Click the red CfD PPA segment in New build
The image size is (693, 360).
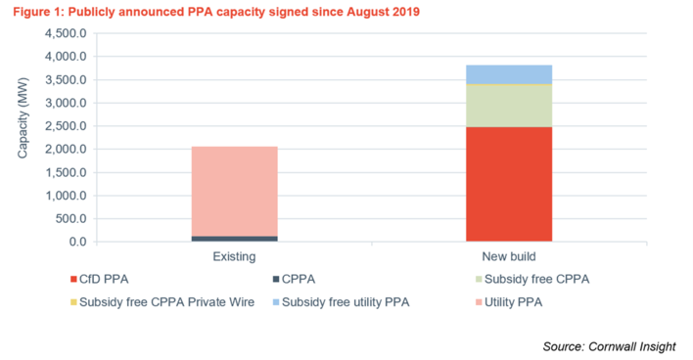point(508,184)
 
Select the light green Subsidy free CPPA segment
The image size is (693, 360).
point(508,106)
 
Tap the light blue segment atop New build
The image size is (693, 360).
point(508,73)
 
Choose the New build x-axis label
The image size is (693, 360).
point(508,257)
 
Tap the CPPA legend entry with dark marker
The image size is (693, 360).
point(308,283)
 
